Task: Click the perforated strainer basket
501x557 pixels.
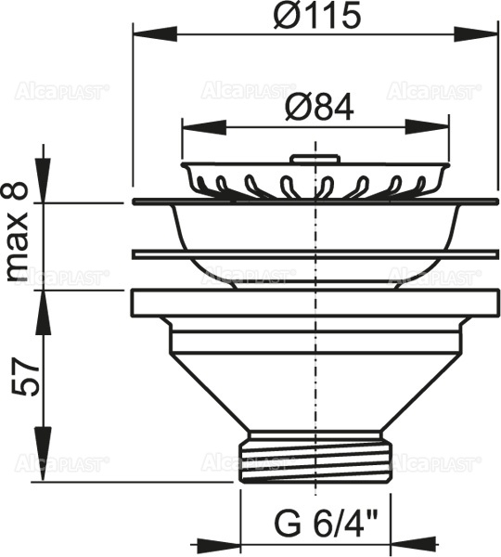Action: pos(317,179)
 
